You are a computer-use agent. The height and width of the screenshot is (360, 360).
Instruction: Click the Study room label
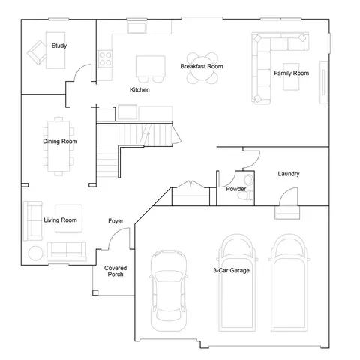click(59, 46)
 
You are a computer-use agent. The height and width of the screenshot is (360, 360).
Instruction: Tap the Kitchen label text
click(139, 89)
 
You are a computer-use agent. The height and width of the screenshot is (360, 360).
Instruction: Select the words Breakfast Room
click(202, 66)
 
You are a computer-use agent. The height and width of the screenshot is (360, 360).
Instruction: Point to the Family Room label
click(292, 73)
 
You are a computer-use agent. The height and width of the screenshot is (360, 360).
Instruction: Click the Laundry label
click(289, 174)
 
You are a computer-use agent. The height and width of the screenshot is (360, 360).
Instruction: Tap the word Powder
click(236, 189)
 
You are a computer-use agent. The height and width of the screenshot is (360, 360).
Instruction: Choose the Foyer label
click(115, 221)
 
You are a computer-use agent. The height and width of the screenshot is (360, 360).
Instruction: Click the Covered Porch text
click(115, 271)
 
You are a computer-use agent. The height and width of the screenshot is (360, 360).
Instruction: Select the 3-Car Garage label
click(232, 270)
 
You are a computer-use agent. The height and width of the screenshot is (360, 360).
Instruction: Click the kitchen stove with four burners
click(105, 59)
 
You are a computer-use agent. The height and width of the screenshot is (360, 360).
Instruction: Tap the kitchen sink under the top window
click(136, 27)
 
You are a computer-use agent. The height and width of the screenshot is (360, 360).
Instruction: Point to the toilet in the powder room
click(245, 196)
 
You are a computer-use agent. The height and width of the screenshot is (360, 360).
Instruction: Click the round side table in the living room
click(36, 253)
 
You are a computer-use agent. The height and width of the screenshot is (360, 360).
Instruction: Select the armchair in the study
click(37, 52)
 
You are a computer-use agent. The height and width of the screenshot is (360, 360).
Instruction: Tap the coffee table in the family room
click(291, 76)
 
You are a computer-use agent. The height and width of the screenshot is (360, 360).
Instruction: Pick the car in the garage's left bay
click(169, 290)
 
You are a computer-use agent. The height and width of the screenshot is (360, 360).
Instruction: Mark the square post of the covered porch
click(95, 292)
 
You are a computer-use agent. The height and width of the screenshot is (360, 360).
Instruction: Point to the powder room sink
click(248, 180)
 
